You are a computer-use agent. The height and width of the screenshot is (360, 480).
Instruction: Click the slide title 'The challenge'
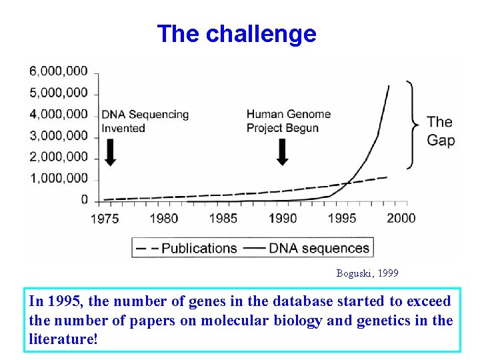click(x=237, y=33)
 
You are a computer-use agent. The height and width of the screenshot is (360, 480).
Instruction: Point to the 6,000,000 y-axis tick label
click(x=59, y=71)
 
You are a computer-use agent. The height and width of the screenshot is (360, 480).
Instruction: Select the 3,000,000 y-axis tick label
click(x=59, y=135)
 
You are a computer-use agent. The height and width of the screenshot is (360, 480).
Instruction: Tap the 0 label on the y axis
click(x=84, y=199)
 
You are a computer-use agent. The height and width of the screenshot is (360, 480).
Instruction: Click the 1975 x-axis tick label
click(x=105, y=218)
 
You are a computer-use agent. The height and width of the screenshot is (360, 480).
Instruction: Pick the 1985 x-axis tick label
click(x=223, y=218)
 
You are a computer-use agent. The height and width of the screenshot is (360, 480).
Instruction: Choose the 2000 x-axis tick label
click(x=401, y=218)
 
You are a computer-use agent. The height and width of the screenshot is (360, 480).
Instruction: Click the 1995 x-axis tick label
click(x=343, y=218)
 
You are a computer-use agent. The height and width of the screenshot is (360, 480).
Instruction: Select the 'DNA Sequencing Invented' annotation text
click(x=145, y=121)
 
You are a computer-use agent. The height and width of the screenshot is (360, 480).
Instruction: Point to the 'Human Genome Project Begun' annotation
click(x=288, y=121)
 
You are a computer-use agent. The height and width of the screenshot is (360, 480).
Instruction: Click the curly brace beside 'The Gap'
click(x=413, y=125)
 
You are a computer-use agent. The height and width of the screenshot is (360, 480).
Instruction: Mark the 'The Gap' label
click(x=440, y=131)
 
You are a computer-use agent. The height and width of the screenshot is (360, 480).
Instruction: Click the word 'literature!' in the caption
click(x=63, y=339)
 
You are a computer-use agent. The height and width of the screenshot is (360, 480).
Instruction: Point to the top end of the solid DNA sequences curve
click(x=389, y=86)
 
